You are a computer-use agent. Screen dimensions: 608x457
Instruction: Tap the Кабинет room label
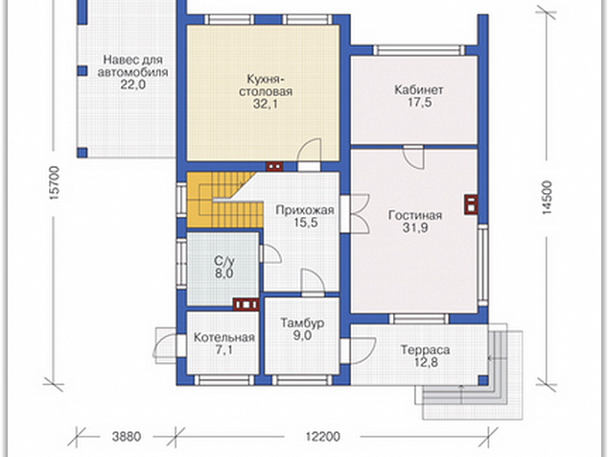(x=418, y=89)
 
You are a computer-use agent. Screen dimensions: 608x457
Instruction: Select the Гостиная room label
(x=415, y=215)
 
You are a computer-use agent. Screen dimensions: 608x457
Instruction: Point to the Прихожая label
(x=304, y=210)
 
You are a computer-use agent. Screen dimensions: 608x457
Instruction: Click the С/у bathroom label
(x=224, y=260)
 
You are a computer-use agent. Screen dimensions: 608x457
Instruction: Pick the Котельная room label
(x=223, y=337)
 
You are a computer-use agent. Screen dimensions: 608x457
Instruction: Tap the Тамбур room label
(x=302, y=323)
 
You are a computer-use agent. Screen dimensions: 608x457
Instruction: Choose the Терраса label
(x=425, y=349)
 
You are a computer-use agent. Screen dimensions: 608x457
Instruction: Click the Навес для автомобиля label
(x=132, y=66)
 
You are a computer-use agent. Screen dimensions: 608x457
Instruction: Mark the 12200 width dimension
(x=322, y=437)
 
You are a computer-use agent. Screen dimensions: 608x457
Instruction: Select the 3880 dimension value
(x=127, y=437)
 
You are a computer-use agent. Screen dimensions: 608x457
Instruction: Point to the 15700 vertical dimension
(x=55, y=182)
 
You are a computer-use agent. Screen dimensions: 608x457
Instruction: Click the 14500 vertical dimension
(x=547, y=198)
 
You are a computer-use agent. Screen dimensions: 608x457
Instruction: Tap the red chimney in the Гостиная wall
(x=470, y=204)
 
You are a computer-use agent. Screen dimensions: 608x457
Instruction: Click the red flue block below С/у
(x=246, y=304)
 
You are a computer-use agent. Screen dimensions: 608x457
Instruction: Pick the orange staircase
(x=221, y=200)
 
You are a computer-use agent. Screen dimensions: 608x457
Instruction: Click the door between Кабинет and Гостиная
(x=413, y=157)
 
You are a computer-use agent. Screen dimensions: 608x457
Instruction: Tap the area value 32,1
(x=266, y=104)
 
